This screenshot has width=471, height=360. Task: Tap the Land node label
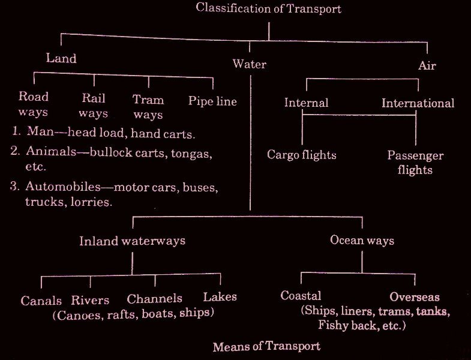pos(61,59)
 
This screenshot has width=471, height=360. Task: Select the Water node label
pos(250,64)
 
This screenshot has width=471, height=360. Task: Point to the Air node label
pos(427,65)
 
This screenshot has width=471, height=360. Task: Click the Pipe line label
pos(212,101)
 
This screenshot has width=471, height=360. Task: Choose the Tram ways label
pos(148,106)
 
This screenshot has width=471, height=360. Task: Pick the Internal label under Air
pos(306,103)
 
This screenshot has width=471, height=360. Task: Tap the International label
pos(418,103)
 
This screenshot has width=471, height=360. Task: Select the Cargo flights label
pos(302,155)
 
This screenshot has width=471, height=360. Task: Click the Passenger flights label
pos(415,163)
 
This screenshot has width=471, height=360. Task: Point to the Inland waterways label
pos(133,241)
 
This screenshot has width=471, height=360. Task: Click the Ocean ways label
pos(362,241)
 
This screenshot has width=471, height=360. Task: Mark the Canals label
pos(41,301)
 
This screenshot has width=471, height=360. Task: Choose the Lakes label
pos(220,296)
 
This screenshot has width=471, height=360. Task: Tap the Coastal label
pos(301,296)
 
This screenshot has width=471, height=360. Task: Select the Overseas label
pos(415,297)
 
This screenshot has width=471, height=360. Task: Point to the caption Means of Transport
pos(266,346)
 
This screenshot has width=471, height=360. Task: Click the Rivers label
pos(91,300)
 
